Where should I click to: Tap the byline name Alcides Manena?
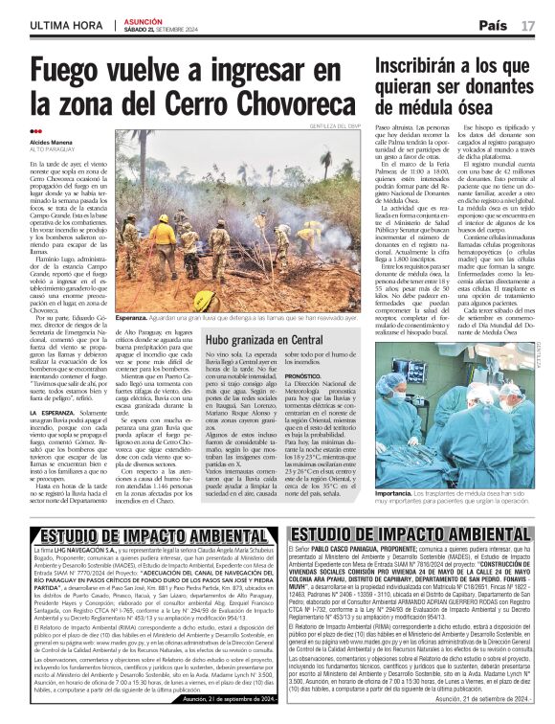53,143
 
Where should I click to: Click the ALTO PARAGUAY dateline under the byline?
54,150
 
